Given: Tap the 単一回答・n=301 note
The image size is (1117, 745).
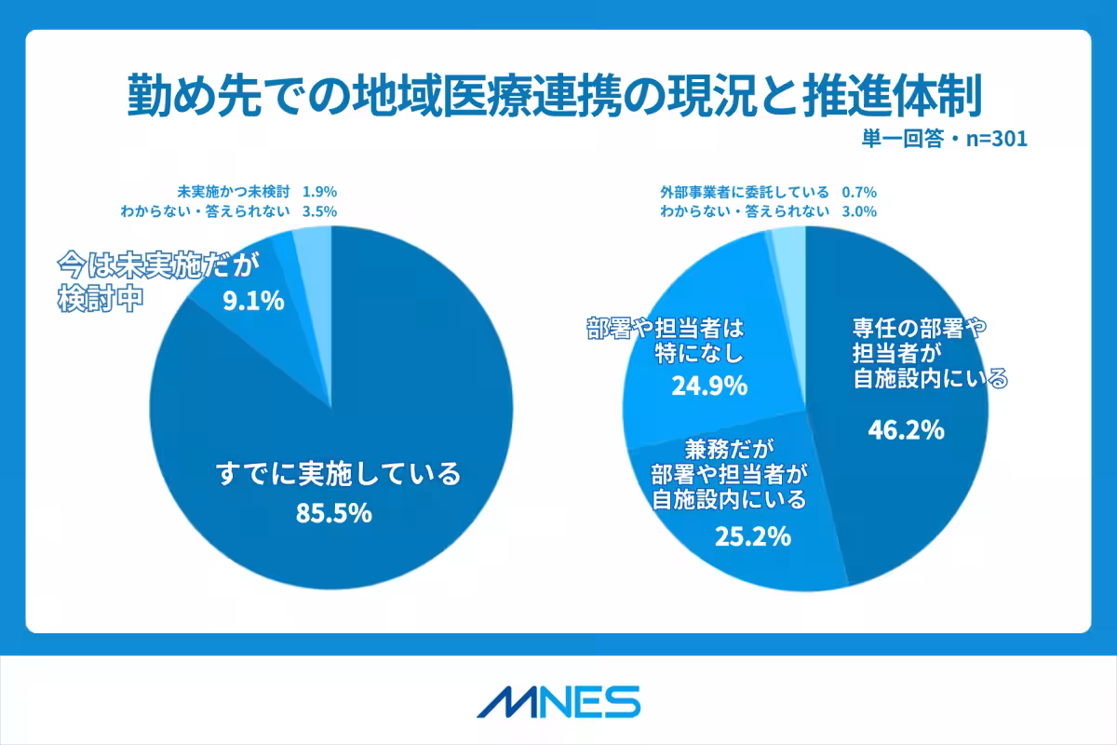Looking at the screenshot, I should (x=943, y=139).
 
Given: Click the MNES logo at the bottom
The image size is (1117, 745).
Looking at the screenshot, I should (x=558, y=701).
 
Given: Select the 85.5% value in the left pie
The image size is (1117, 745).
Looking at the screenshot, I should (x=333, y=511).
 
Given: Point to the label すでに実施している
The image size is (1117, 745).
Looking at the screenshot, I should (x=338, y=474).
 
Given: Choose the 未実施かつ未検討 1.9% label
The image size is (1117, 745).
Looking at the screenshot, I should (x=257, y=192).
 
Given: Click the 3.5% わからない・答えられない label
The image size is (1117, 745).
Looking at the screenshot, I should (x=229, y=211).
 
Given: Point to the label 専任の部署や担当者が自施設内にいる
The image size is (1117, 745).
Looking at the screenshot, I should (x=931, y=353).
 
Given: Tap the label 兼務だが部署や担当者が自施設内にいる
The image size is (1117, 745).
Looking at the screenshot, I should (x=729, y=474).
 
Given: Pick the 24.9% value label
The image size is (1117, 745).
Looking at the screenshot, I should (x=709, y=385).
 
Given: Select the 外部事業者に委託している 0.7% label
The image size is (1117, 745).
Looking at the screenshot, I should (x=768, y=192).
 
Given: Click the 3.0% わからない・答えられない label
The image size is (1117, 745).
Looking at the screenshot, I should (x=768, y=211).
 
